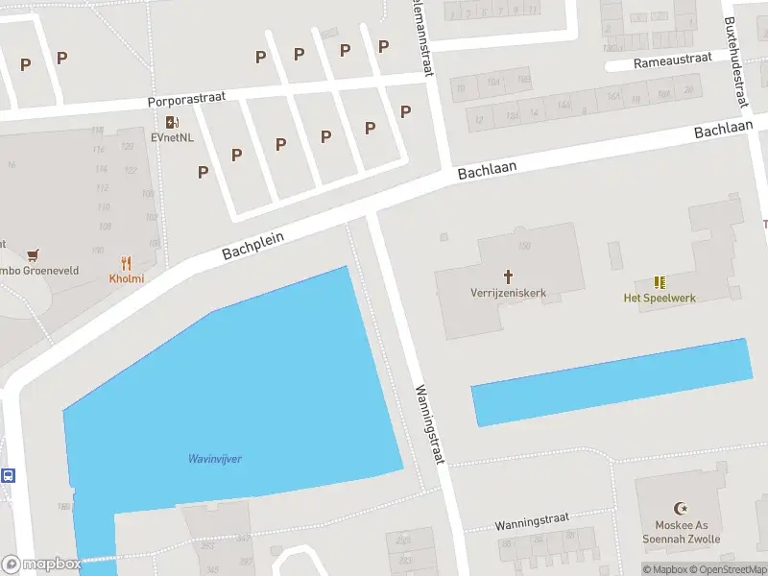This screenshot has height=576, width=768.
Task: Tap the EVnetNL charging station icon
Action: [172, 122]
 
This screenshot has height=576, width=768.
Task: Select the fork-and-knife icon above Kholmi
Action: [126, 263]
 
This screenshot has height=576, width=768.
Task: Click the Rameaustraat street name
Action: [672, 60]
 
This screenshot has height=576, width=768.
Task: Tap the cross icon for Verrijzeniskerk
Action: [508, 276]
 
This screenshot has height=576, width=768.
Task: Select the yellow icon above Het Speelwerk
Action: [660, 282]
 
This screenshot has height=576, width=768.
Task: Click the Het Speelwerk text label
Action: [660, 298]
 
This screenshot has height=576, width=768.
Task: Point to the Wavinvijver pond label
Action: [214, 459]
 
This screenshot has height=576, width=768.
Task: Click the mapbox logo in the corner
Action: [42, 564]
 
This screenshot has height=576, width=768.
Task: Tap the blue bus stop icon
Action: [8, 475]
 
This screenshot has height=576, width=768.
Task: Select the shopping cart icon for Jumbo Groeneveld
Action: [35, 255]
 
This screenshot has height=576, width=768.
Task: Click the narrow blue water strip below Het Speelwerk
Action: [611, 382]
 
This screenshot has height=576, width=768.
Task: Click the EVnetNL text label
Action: [172, 137]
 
